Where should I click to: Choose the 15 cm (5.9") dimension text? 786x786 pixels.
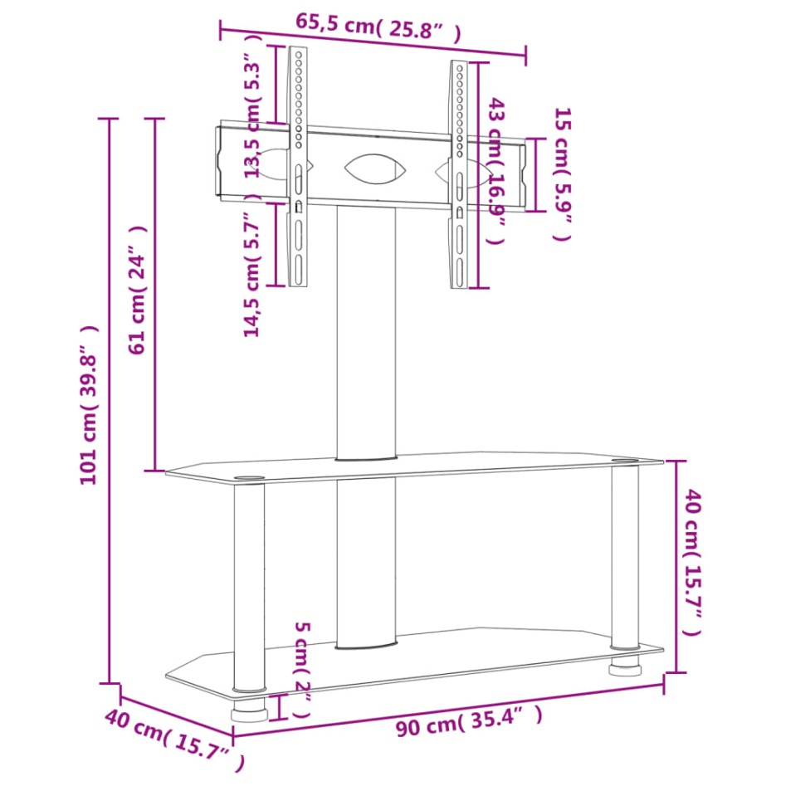pyautogui.click(x=563, y=173)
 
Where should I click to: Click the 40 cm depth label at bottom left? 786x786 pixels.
pyautogui.click(x=175, y=737)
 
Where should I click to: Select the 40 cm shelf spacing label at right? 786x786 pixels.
pyautogui.click(x=693, y=563)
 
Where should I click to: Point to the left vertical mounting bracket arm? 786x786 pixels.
pyautogui.click(x=297, y=166)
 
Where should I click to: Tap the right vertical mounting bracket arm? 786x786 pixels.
pyautogui.click(x=459, y=174)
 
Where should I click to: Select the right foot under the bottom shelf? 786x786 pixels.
pyautogui.click(x=624, y=666)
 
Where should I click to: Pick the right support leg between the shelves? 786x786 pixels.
pyautogui.click(x=624, y=556)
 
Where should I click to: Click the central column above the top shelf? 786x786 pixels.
pyautogui.click(x=366, y=332)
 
